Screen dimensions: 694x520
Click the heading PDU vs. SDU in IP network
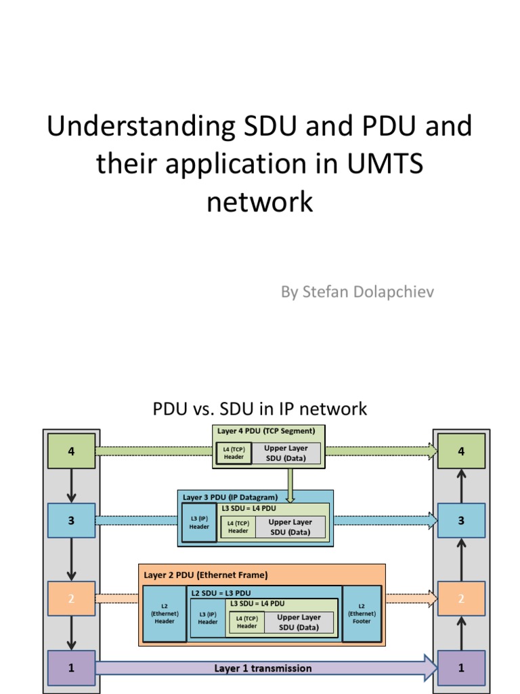tap(260, 409)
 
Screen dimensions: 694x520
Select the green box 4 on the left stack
tap(71, 451)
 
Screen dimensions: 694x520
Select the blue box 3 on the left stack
tap(71, 520)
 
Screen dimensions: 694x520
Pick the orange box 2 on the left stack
tap(71, 598)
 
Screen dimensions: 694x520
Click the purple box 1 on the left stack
tap(71, 668)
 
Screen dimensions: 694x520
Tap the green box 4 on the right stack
tap(461, 451)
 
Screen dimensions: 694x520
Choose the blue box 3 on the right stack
tap(461, 520)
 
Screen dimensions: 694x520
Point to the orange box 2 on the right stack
tap(461, 598)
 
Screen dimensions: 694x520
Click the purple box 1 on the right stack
tap(461, 668)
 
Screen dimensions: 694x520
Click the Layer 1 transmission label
tap(263, 668)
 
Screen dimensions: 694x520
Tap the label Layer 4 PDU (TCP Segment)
tap(266, 430)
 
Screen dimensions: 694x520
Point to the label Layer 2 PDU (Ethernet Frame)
tap(206, 575)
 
